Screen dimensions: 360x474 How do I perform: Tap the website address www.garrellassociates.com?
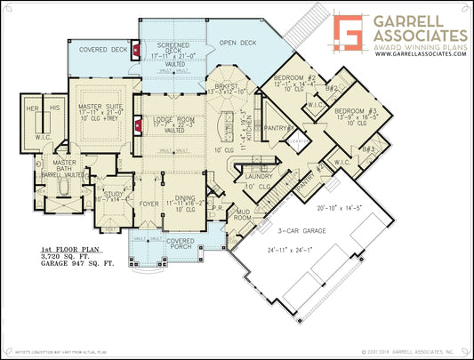[x=420, y=53]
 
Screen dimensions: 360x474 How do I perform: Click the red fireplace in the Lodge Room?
[x=138, y=126]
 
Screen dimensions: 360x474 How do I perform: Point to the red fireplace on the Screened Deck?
[x=134, y=51]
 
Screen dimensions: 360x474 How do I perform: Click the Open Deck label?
[x=237, y=41]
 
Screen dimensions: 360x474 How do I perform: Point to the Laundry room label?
[x=257, y=177]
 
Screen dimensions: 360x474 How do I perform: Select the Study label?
[x=113, y=193]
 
